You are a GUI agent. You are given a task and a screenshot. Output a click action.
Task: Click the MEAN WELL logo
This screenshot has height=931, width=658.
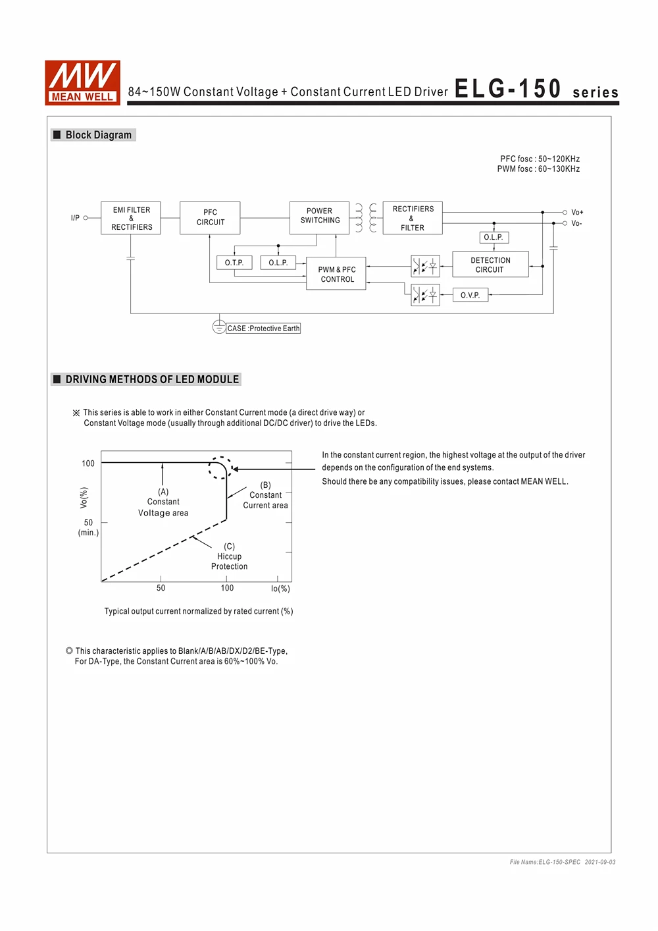coord(82,82)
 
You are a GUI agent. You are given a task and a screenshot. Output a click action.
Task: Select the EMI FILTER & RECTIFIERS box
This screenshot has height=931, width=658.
coord(131,218)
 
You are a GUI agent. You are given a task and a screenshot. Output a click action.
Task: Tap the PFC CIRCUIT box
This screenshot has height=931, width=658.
coord(210,218)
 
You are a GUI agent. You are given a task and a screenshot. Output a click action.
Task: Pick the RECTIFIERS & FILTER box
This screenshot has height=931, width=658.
coord(413,218)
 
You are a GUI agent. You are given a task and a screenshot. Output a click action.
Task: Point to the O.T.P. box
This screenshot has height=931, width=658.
coord(234,263)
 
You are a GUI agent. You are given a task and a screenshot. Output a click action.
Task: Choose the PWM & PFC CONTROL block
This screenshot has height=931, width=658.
coord(336,273)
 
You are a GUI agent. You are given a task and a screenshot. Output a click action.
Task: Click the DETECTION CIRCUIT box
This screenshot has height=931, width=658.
coord(490,265)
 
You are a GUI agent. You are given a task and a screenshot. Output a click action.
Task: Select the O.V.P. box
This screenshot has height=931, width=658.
coord(470,295)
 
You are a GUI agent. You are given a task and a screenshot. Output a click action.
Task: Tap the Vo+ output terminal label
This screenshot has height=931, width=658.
coord(577,212)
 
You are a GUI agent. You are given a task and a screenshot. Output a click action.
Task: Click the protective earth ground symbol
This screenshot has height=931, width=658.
coord(219,327)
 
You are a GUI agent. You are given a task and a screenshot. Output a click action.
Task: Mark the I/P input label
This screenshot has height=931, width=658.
coord(75,218)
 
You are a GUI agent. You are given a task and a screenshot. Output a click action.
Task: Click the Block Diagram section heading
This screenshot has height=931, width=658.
coord(98,135)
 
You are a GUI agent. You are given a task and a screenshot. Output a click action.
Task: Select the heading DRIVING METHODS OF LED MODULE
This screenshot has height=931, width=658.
coord(151,379)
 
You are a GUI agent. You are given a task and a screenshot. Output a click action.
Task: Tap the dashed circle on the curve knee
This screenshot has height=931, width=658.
coord(220,467)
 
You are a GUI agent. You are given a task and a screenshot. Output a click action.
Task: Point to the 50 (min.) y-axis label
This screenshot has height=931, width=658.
coord(88,527)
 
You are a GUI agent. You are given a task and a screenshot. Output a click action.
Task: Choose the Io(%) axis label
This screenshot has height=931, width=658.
coord(280,589)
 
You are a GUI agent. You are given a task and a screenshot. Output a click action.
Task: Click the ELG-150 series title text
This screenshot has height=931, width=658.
coord(536,90)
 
